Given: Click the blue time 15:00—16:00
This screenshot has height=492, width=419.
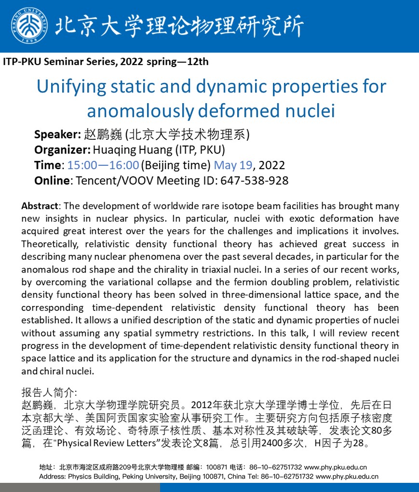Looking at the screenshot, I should [x=103, y=165].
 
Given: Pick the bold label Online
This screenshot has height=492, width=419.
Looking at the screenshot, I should [x=52, y=181].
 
